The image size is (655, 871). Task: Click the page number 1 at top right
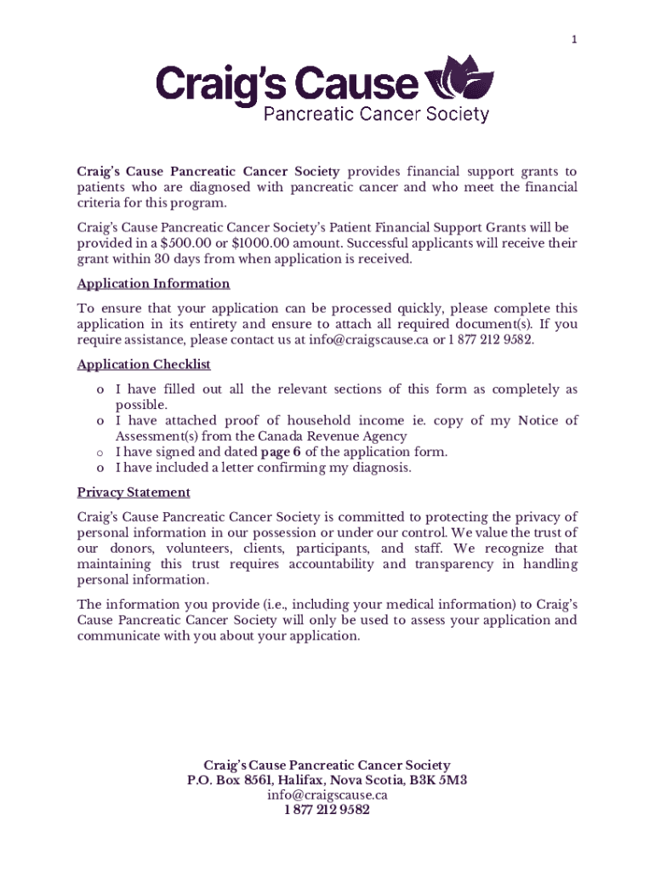tap(574, 40)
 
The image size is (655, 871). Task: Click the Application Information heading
tap(153, 284)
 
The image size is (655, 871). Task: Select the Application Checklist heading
tap(144, 365)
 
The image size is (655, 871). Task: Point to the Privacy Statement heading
tap(134, 492)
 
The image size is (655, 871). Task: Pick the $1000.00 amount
tap(265, 243)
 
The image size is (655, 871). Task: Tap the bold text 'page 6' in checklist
tap(281, 452)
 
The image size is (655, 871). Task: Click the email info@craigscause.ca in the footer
tap(327, 795)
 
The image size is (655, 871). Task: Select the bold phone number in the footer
tap(327, 811)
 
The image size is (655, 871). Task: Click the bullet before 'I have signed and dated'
tap(100, 453)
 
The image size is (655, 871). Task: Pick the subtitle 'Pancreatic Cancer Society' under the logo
tap(376, 114)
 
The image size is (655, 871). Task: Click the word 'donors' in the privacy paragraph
tap(123, 549)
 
